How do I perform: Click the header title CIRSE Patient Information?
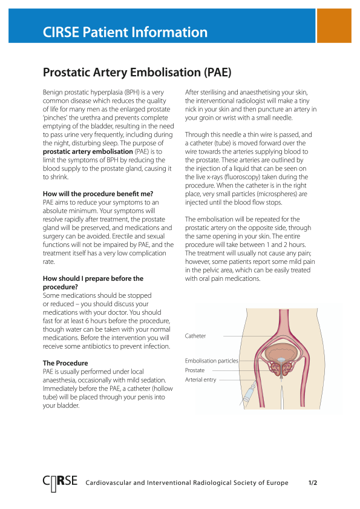coord(125,32)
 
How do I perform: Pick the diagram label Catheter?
coord(195,336)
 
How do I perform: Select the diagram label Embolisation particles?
coord(211,361)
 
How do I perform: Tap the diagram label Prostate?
coord(195,370)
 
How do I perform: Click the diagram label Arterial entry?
coord(200,380)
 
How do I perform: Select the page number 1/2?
coord(313,483)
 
